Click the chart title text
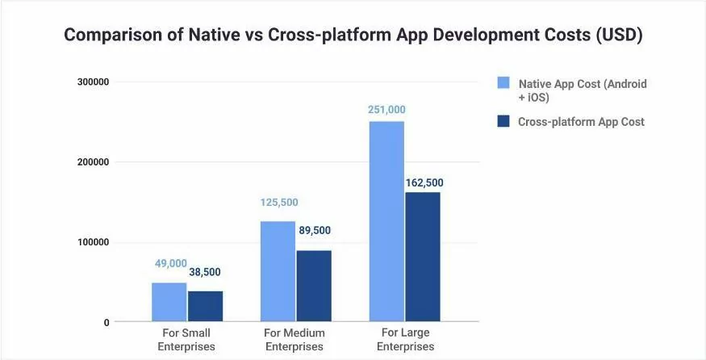point(353,36)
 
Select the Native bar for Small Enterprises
point(169,302)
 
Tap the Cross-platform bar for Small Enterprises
point(205,307)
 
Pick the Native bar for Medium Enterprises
point(278,271)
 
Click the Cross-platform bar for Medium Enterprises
point(314,286)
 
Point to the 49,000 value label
point(171,263)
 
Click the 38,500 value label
point(205,273)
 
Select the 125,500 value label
point(279,203)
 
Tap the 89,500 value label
point(314,231)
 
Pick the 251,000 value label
point(388,110)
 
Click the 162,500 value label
point(423,183)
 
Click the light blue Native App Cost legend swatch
point(503,83)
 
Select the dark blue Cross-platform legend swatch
point(503,122)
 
